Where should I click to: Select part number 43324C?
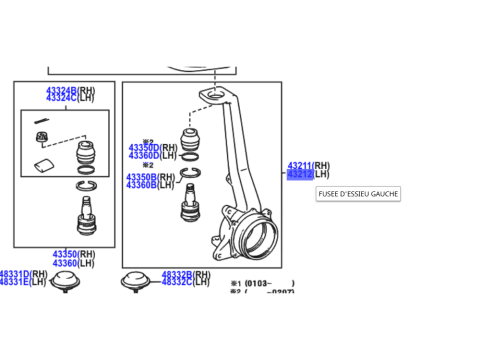(x=61, y=98)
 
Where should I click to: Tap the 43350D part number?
(x=143, y=148)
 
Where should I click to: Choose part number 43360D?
(x=143, y=156)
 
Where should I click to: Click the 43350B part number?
(x=141, y=177)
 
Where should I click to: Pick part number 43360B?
(x=141, y=185)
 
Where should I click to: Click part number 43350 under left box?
(x=66, y=254)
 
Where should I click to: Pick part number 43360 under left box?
(x=66, y=262)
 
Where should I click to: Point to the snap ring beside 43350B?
(x=192, y=176)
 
